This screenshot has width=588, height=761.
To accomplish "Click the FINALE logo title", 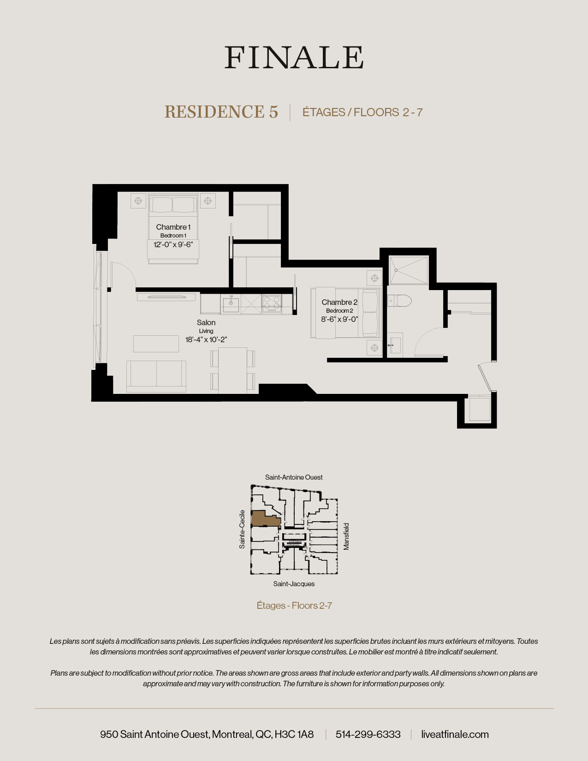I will click(294, 58).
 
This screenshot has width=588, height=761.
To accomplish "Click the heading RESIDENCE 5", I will click(221, 112).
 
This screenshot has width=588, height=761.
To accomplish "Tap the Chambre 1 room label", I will click(173, 227).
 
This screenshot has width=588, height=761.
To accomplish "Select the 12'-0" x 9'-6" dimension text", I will click(173, 244).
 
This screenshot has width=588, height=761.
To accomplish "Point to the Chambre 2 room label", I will click(339, 302).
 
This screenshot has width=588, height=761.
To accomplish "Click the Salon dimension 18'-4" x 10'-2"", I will click(206, 339).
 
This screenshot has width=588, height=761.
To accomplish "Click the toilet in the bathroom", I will click(399, 301).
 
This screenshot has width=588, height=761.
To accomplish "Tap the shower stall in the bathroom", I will click(409, 270).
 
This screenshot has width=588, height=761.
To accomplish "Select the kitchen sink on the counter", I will click(231, 303).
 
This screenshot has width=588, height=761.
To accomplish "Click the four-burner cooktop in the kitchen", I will click(272, 303).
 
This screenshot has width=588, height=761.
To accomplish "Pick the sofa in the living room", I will click(156, 375).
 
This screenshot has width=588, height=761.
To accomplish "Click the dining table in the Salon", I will click(233, 370).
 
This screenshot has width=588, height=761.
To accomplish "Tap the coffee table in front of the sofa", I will click(156, 344).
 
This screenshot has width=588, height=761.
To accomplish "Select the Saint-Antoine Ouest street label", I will click(294, 477).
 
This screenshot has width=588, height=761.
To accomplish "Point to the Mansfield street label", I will click(346, 536).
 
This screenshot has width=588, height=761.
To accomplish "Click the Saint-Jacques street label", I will click(294, 584).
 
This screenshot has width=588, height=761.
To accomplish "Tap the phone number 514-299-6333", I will click(368, 734).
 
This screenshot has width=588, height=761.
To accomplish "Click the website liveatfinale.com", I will click(455, 734).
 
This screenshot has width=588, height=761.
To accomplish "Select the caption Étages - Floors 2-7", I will click(294, 606).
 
